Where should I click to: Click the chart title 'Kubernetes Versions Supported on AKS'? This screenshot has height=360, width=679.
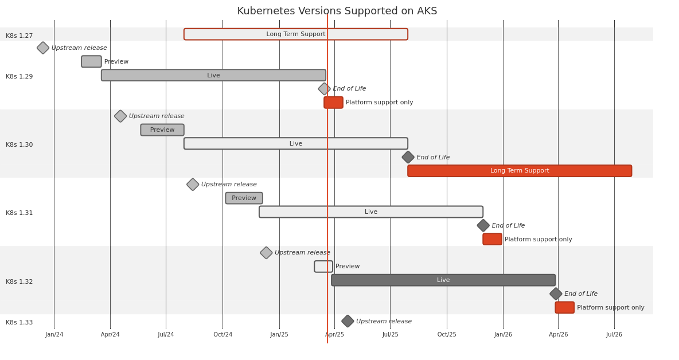coord(337,11)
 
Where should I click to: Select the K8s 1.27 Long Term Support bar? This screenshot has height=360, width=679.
coord(295,34)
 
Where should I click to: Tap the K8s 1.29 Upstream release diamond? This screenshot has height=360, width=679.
coord(43,48)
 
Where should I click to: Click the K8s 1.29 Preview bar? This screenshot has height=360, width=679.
coord(91,61)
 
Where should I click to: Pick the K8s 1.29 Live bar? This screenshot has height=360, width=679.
coord(213,75)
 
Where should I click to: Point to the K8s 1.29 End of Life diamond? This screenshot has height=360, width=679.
coord(324,89)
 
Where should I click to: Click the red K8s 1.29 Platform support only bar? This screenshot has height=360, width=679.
coord(333,103)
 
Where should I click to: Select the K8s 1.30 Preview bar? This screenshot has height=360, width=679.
coord(162,130)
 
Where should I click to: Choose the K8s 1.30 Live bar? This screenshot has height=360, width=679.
coord(295,143)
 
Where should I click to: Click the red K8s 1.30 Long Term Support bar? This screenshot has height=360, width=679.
coord(520,171)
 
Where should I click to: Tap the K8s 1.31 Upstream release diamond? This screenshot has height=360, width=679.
coord(193,185)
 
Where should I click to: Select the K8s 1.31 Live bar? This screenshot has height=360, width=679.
coord(370,212)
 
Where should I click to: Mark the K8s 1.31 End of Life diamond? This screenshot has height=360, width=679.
coord(483,226)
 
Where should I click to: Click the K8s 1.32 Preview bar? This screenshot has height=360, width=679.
coord(323,267)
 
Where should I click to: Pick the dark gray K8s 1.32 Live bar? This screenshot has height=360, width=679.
coord(443,280)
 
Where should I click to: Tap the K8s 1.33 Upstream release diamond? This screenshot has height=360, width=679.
coord(348,322)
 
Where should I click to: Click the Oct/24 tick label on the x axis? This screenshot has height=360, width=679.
coord(223,335)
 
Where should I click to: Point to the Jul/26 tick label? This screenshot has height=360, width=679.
coord(614,335)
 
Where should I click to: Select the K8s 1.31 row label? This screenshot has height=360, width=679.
coord(19,213)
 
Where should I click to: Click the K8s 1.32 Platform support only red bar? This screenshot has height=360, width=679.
coord(564,308)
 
